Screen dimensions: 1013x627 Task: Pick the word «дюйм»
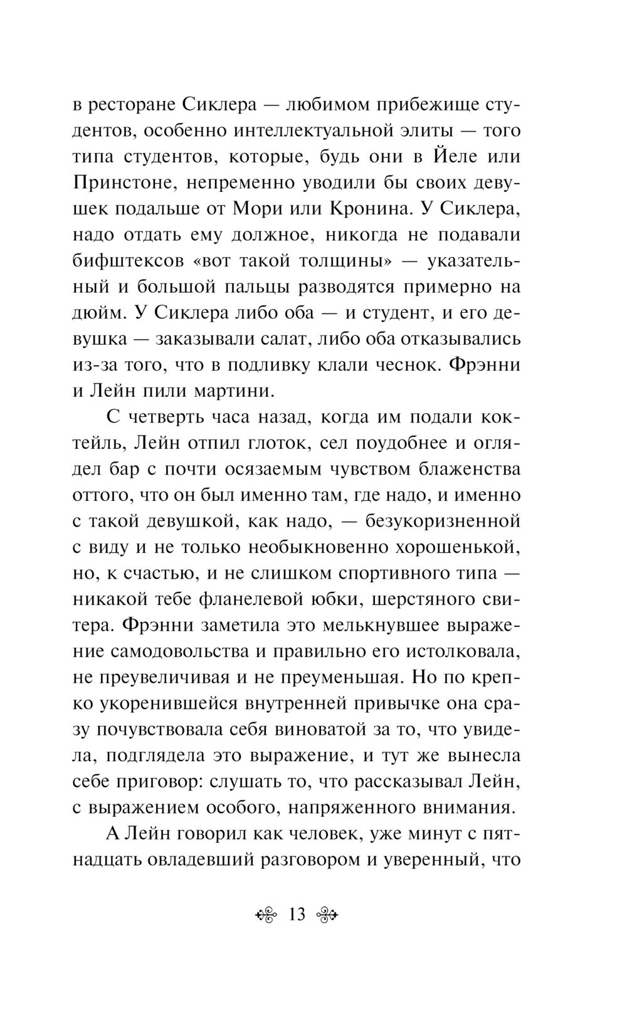click(97, 313)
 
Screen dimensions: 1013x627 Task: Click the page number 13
click(296, 915)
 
